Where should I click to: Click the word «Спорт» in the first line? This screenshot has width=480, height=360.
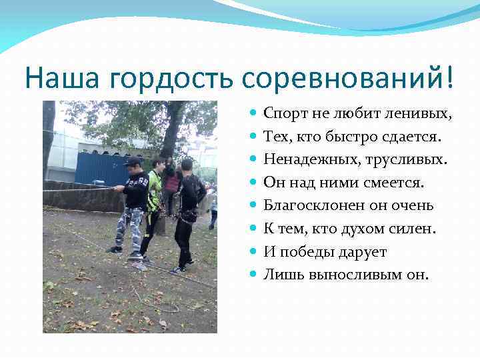coord(283,114)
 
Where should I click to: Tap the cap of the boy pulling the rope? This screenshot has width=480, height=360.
coord(133,161)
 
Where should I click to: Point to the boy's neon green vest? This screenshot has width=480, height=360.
coord(154,189)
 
